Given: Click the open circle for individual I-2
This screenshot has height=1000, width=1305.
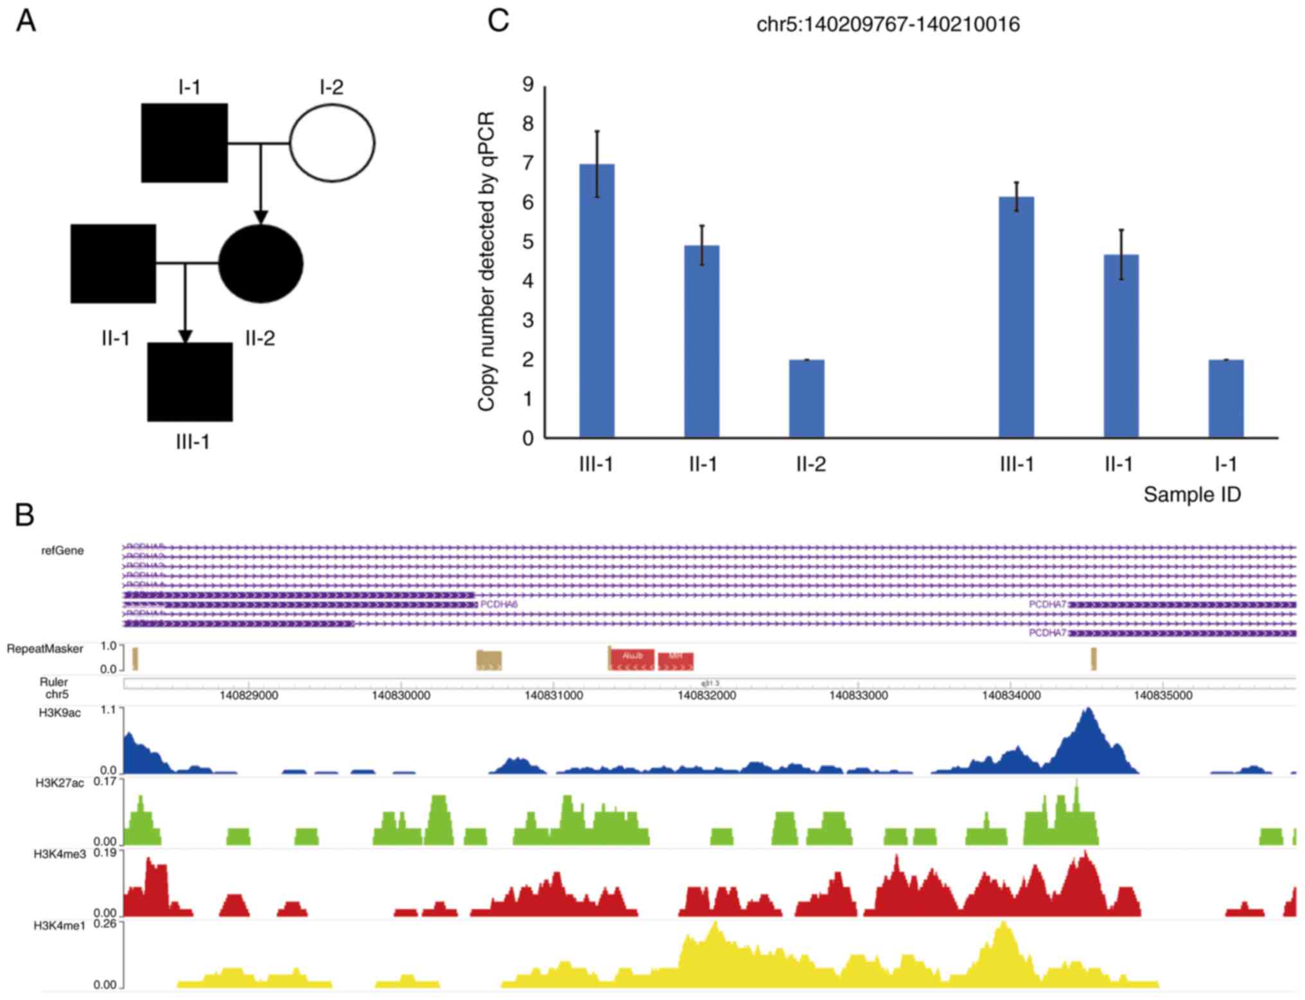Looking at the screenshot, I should tap(332, 143).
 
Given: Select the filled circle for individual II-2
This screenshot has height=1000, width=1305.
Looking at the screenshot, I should tap(261, 263).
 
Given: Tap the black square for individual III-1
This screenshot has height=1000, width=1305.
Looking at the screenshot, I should tap(190, 382).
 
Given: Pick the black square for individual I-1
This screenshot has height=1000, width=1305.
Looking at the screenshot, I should tap(184, 143).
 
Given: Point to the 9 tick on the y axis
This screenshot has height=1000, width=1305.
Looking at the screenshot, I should tap(528, 85).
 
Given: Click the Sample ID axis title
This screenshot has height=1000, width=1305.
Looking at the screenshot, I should tap(1192, 495).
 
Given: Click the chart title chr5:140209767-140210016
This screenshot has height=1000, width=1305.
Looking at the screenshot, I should tap(888, 24).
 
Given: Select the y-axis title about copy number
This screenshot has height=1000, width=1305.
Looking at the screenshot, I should tap(487, 261).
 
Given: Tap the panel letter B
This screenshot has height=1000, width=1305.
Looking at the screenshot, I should tap(24, 515).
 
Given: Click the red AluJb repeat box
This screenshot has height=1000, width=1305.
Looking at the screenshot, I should tap(632, 658).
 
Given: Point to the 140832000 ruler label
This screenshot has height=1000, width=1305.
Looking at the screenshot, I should tap(706, 695).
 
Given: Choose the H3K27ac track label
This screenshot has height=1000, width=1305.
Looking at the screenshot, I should tap(60, 783).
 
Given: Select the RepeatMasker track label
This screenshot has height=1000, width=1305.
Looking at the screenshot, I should tap(45, 649).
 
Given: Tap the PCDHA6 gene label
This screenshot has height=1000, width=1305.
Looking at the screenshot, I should tap(499, 604).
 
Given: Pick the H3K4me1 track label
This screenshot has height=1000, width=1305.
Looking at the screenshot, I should tap(60, 925).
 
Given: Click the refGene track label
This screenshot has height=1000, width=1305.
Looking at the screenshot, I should tap(62, 550).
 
